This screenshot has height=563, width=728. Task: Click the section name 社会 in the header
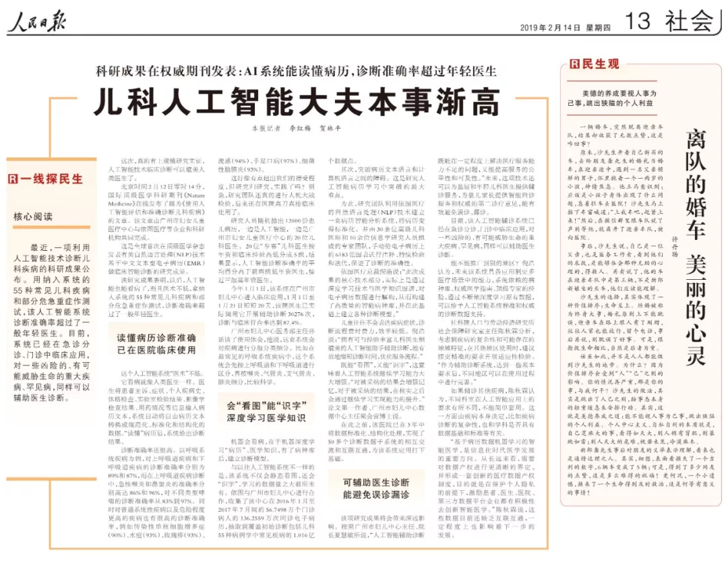pos(689,22)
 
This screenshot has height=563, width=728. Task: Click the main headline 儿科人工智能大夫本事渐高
pos(296,100)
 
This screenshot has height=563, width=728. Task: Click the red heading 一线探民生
pos(51,179)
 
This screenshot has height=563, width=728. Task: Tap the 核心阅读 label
pos(33,216)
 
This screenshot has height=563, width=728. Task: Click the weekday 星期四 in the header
pos(597,28)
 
